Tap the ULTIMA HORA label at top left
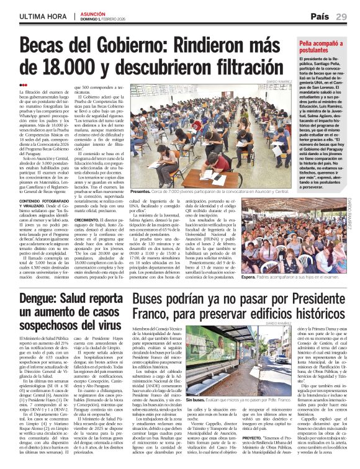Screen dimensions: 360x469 [x=41, y=16]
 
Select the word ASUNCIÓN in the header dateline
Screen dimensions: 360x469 [x=92, y=12]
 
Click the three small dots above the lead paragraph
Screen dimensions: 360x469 [x=23, y=85]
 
